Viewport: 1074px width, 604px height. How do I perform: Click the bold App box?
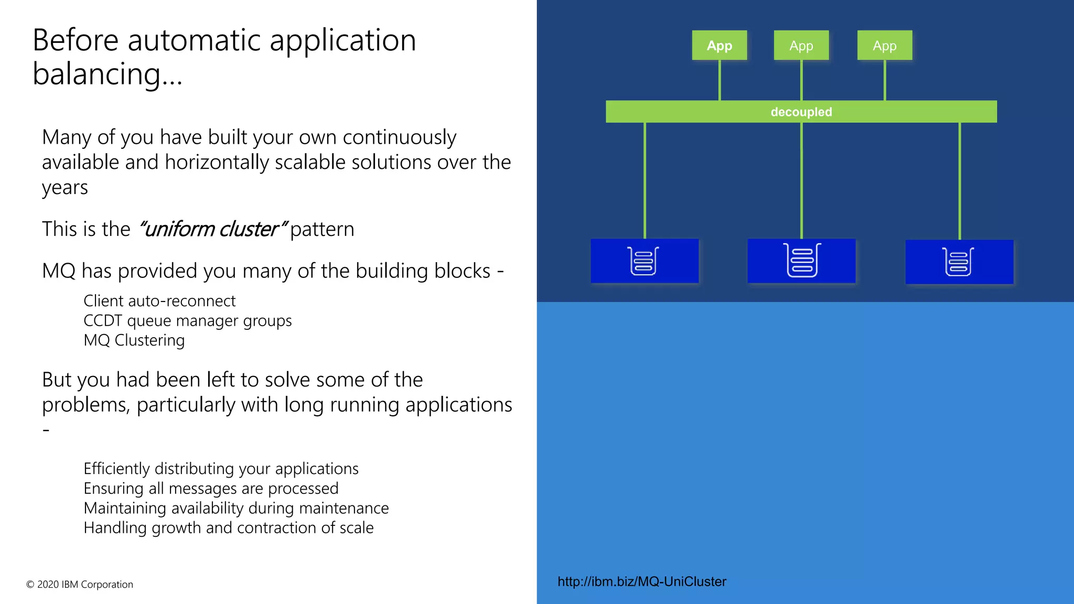tap(719, 46)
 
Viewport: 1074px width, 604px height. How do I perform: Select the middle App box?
tap(801, 46)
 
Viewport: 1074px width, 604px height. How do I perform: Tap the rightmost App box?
tap(884, 46)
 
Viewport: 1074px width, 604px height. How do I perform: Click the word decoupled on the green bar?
tap(801, 112)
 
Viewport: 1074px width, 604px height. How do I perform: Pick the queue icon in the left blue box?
tap(643, 261)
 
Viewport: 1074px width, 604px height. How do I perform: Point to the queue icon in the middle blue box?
tap(801, 260)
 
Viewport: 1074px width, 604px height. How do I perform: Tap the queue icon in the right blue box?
tap(958, 262)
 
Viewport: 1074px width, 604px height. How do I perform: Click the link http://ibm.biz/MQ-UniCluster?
tap(641, 581)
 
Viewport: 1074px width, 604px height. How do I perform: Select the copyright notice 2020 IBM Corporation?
tap(80, 584)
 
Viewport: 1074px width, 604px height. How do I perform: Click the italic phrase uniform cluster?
tap(212, 229)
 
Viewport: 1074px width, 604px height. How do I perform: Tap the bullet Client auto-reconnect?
tap(159, 301)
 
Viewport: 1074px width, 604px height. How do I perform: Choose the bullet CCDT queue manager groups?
tap(187, 320)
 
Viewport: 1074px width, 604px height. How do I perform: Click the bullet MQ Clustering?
tap(134, 340)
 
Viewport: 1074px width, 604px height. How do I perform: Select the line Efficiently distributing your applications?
tap(221, 468)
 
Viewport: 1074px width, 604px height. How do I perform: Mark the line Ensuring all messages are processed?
tap(211, 488)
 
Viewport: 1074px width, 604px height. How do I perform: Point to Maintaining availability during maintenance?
tap(236, 508)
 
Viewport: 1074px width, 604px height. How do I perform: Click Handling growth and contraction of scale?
tap(228, 527)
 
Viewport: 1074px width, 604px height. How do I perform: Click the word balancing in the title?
tap(96, 74)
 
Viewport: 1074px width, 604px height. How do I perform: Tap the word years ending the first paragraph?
tap(65, 188)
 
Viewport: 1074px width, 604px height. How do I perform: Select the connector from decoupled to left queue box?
tap(645, 181)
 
